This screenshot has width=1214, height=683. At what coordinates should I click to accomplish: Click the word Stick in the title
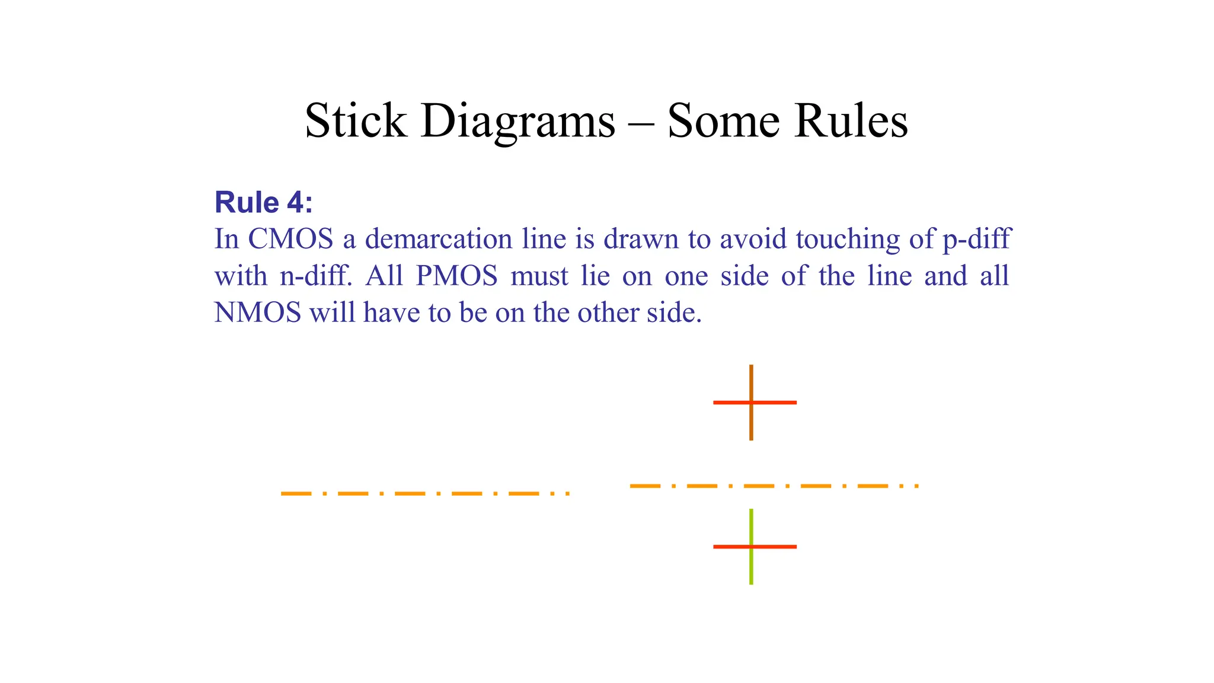tap(356, 121)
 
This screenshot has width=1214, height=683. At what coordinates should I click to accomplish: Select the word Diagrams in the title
tap(518, 122)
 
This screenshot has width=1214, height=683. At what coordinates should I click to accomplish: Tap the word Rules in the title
tap(851, 121)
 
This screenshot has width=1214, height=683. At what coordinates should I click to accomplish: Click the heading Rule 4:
tap(263, 203)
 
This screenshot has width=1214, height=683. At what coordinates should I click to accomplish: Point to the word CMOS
tap(290, 239)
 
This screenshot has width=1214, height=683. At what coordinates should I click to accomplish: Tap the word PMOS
tap(456, 276)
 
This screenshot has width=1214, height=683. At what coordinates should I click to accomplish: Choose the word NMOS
tap(257, 313)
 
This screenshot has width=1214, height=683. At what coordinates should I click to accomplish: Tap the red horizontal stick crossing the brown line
tap(729, 403)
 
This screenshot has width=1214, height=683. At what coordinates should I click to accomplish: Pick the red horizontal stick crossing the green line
tap(729, 547)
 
